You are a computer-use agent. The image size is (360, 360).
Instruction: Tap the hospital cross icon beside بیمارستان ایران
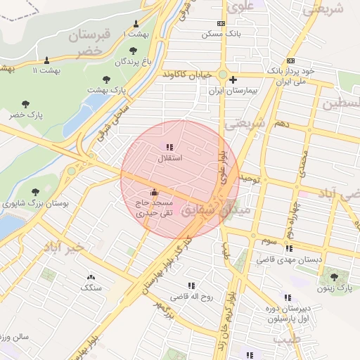coord(233,80)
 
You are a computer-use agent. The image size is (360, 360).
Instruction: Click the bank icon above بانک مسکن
coord(221,23)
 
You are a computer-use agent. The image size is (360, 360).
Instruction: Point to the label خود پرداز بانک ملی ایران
coord(288,77)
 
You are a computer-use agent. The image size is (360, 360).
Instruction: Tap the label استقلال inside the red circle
coord(169,158)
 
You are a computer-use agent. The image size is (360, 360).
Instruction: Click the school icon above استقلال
coord(169,147)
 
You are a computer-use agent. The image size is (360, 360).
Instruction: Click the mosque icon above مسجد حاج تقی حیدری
coord(155,192)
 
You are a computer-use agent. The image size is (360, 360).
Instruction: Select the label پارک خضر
coord(27,115)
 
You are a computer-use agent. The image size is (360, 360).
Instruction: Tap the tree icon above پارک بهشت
coord(106,79)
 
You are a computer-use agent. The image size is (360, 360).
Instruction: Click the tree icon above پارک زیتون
coord(334,277)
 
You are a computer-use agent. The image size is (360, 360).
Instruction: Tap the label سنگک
coord(91,288)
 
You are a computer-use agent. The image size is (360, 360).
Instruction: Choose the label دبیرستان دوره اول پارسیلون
coord(288,313)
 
